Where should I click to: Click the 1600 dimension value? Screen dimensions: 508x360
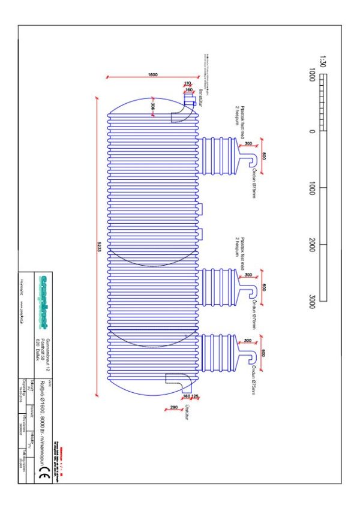pos(152,75)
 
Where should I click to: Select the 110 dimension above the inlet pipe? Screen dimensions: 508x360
pos(187,83)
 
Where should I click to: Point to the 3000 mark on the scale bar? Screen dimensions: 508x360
pos(312,300)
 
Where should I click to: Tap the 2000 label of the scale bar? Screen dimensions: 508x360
pos(312,245)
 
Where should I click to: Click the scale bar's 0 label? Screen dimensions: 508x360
pos(312,131)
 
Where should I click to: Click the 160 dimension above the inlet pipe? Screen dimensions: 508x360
pos(190,89)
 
